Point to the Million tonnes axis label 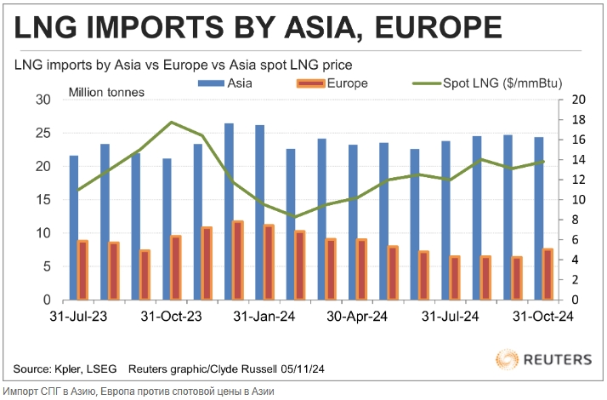pos(106,92)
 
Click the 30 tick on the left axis pos(43,100)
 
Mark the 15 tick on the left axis pos(43,200)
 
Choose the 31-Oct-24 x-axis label pos(542,317)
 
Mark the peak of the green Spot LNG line pos(172,123)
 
